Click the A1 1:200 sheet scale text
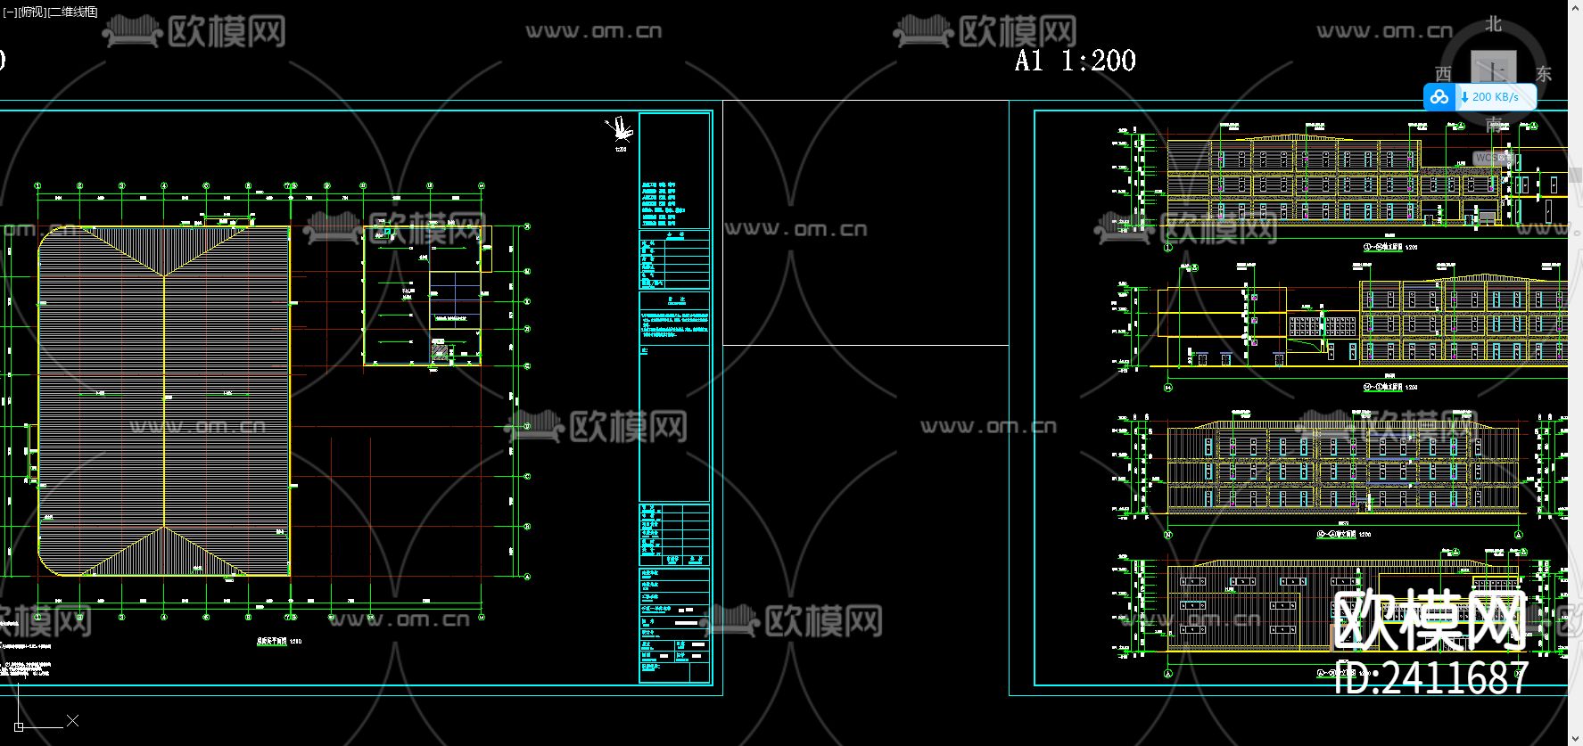click(1076, 61)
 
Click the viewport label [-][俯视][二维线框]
click(51, 12)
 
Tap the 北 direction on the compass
click(1493, 25)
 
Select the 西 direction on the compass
click(1443, 74)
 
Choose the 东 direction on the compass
click(1544, 74)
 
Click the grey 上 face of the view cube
click(1493, 69)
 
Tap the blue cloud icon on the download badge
click(1439, 97)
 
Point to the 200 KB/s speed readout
click(1495, 97)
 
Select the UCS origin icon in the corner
click(19, 726)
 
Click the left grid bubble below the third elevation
click(1168, 535)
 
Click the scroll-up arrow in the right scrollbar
click(1575, 6)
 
